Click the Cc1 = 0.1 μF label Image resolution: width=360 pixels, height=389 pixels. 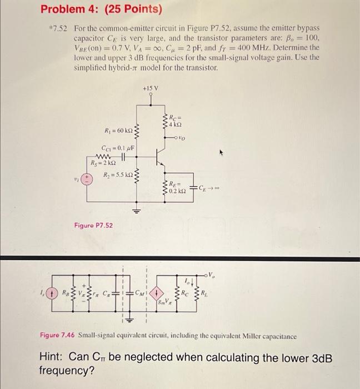pyautogui.click(x=118, y=148)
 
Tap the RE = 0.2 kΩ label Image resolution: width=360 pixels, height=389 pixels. pyautogui.click(x=176, y=191)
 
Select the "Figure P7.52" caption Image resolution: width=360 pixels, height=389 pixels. pyautogui.click(x=93, y=225)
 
